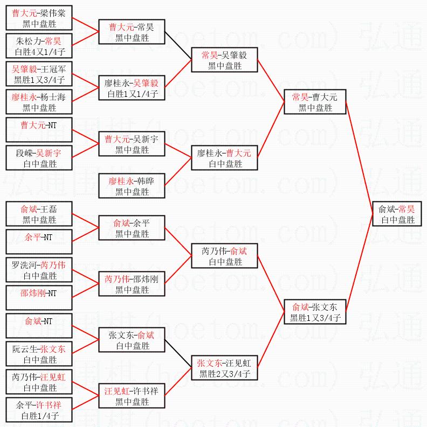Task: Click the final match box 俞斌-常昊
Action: tap(396, 214)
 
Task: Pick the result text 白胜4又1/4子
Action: tap(39, 52)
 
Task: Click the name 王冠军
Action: tap(53, 69)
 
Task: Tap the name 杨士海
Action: tap(53, 97)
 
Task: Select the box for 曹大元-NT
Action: tap(39, 130)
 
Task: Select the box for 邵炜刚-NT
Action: tap(39, 298)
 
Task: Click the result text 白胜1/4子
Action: tap(39, 416)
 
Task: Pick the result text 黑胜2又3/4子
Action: tap(224, 374)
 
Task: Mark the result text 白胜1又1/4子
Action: tap(132, 94)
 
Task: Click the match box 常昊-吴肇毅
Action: tap(225, 60)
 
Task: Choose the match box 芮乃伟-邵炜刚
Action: tap(132, 284)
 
